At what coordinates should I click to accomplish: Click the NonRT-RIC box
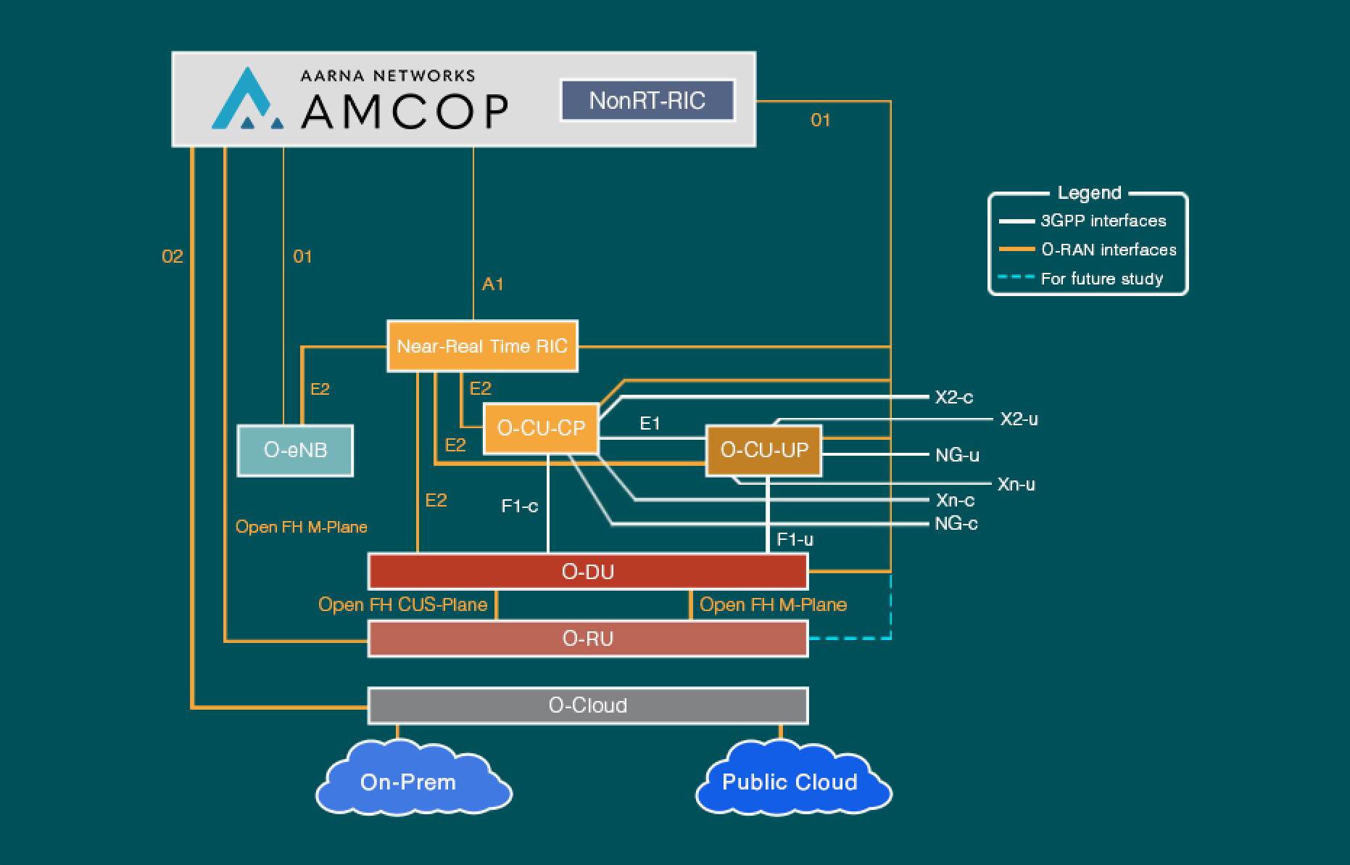(647, 100)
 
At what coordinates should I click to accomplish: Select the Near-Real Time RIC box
(482, 346)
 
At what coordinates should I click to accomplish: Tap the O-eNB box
(295, 451)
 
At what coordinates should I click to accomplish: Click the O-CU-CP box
(541, 429)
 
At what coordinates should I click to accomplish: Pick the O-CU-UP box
(763, 451)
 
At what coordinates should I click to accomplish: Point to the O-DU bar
(587, 572)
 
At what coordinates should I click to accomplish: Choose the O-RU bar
(587, 639)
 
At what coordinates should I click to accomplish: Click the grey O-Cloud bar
(587, 705)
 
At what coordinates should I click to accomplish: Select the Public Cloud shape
(790, 781)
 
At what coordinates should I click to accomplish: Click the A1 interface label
(492, 284)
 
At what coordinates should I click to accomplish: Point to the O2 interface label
(173, 257)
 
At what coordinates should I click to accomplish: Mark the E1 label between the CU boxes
(650, 423)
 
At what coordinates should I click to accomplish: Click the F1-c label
(520, 506)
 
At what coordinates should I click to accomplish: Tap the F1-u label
(795, 539)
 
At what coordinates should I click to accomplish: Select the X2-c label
(953, 397)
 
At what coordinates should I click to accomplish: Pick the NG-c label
(956, 523)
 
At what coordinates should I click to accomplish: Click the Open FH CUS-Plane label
(402, 604)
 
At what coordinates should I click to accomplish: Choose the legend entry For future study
(1101, 279)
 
